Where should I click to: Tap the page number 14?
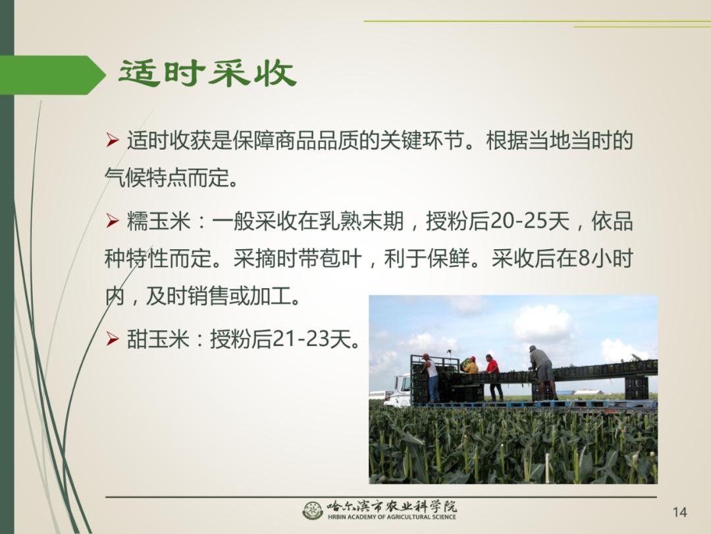pos(679,512)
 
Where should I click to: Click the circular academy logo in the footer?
pos(313,510)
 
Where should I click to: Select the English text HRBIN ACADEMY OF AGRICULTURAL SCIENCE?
pos(392,517)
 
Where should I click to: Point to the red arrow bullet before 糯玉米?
pos(113,222)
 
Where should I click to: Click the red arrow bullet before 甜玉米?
pos(113,338)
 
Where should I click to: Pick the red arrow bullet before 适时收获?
pos(113,140)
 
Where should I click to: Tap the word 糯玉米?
pos(158,222)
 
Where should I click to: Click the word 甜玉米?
pos(158,338)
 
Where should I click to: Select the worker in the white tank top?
pos(431,378)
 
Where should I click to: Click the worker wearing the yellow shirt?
pos(471,365)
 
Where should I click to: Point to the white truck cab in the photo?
pos(399,390)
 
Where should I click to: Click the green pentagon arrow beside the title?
pos(53,75)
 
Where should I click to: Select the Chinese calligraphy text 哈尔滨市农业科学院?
pos(392,506)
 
